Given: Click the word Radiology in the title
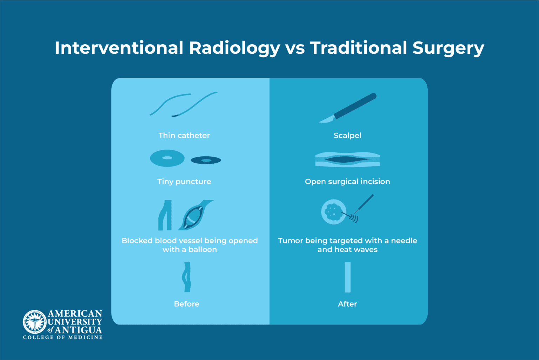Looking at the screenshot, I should [x=234, y=48].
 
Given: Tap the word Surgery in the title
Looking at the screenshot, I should [x=448, y=48].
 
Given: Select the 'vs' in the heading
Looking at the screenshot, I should [x=295, y=48].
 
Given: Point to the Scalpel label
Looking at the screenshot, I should [x=347, y=136].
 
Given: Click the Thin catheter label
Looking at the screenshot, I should [x=184, y=136].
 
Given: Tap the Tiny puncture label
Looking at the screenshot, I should [x=184, y=182].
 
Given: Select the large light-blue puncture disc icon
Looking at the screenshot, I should [x=167, y=158].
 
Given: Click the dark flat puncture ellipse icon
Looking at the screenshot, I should [x=206, y=161].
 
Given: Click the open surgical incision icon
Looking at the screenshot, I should [x=347, y=160].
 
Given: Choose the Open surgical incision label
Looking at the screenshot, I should [x=347, y=182].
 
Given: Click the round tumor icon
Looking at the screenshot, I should [x=333, y=212].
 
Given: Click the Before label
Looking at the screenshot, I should [x=187, y=304].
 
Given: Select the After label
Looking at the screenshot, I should [x=347, y=304].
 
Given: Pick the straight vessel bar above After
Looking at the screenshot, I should [x=347, y=277].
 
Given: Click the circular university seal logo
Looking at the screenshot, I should [x=35, y=322].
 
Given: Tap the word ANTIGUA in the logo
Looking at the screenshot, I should [x=78, y=330].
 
